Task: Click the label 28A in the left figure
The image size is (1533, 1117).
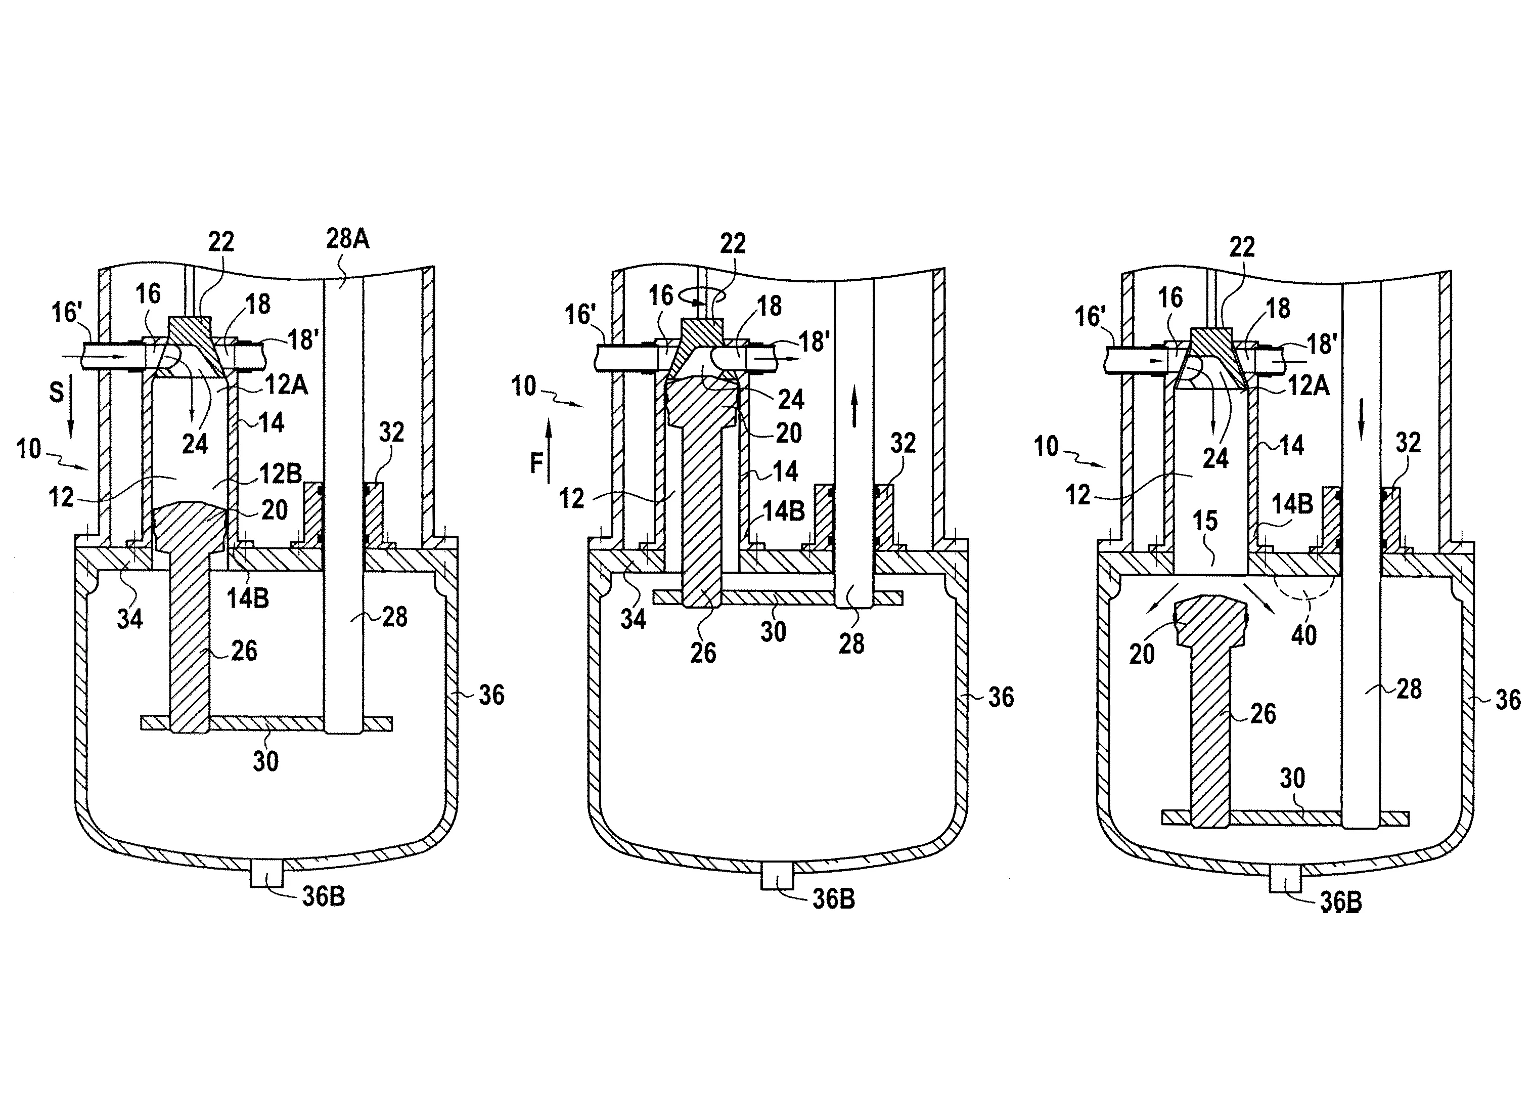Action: (x=347, y=239)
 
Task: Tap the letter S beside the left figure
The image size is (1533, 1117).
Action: (x=57, y=392)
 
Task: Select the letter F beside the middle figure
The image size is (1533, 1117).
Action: (x=536, y=464)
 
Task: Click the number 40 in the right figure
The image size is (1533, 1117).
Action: (x=1304, y=635)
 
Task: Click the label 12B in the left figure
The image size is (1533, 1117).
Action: (x=280, y=474)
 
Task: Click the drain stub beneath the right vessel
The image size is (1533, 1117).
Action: (x=1286, y=880)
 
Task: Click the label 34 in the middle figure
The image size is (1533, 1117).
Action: (x=634, y=618)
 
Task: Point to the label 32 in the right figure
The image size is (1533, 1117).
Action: (x=1408, y=442)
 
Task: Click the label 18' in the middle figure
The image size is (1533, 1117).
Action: (x=814, y=341)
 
